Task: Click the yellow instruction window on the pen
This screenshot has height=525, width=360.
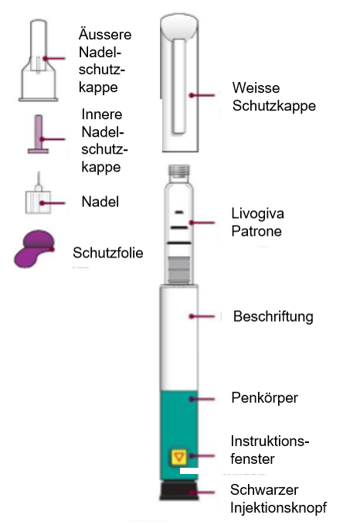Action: (x=178, y=458)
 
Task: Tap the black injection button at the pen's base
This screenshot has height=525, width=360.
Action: (x=179, y=491)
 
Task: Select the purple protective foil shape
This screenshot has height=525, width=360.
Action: (x=34, y=249)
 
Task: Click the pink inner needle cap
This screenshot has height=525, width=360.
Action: (x=39, y=135)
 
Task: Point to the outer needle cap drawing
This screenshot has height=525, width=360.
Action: (x=38, y=60)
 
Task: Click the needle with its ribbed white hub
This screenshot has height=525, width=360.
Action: (x=38, y=196)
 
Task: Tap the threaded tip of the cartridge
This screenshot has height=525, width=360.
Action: (x=180, y=171)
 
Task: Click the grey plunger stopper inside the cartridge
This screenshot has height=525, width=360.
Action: (x=179, y=270)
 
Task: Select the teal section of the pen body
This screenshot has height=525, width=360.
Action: (x=179, y=435)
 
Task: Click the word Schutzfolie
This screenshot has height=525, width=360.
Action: (x=107, y=253)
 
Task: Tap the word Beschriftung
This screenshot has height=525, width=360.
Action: (x=273, y=317)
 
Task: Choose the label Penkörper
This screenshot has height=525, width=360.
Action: (x=264, y=398)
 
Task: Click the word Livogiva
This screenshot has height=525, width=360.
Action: (x=257, y=213)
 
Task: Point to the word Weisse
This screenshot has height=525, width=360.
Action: (x=256, y=88)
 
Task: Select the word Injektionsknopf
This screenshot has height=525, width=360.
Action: (x=278, y=508)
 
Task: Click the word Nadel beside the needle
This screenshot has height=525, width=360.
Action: (x=100, y=202)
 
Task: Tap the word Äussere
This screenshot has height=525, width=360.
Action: (x=105, y=34)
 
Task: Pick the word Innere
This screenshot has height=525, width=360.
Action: (x=102, y=114)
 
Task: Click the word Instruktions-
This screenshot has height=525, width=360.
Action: (x=270, y=441)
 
